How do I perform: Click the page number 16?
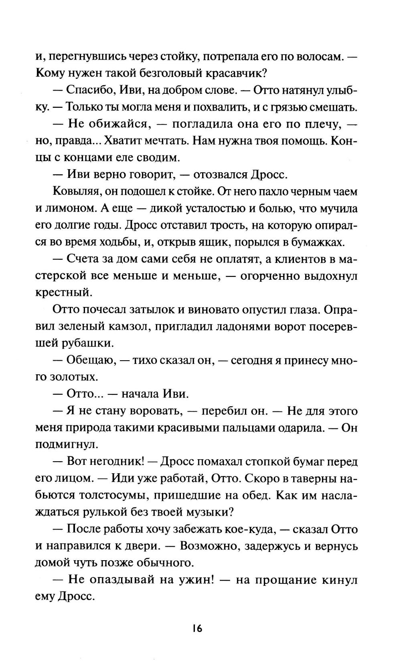(x=197, y=628)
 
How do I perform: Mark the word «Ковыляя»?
(x=77, y=192)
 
